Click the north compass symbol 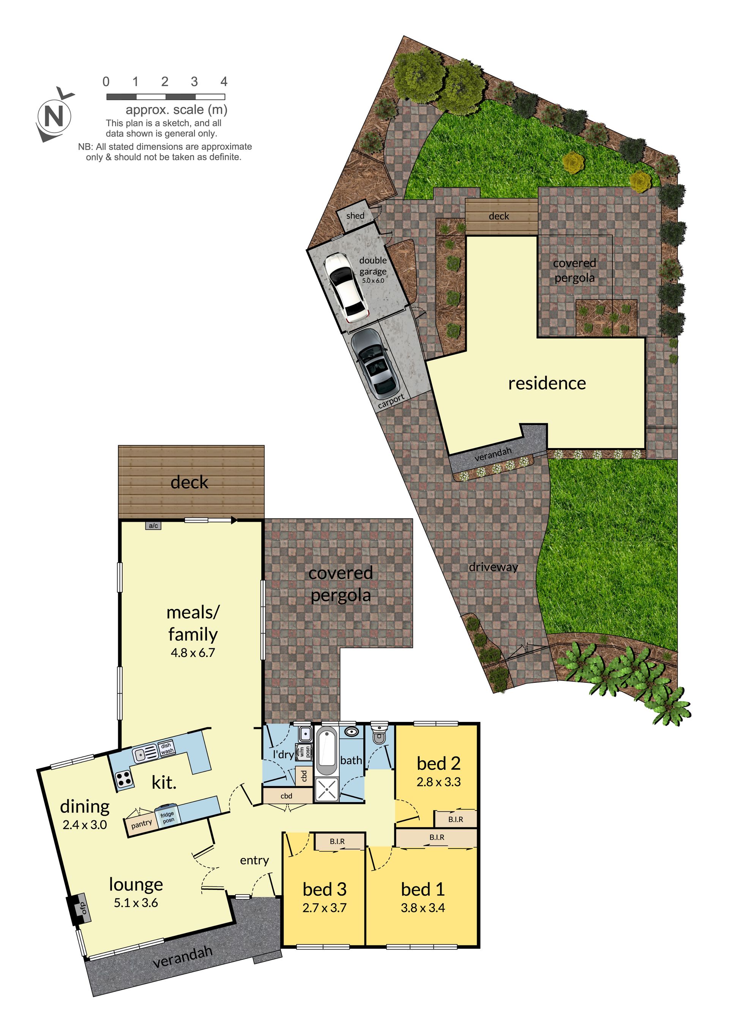[55, 116]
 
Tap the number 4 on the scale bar [224, 81]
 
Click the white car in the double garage [346, 287]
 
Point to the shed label [355, 216]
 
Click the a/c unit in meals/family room [153, 525]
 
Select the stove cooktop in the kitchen [124, 779]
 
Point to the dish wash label [167, 748]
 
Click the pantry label [142, 823]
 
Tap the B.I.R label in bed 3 [337, 841]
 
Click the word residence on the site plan [547, 383]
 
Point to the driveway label [493, 567]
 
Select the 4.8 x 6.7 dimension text [193, 653]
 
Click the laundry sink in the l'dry [305, 734]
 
